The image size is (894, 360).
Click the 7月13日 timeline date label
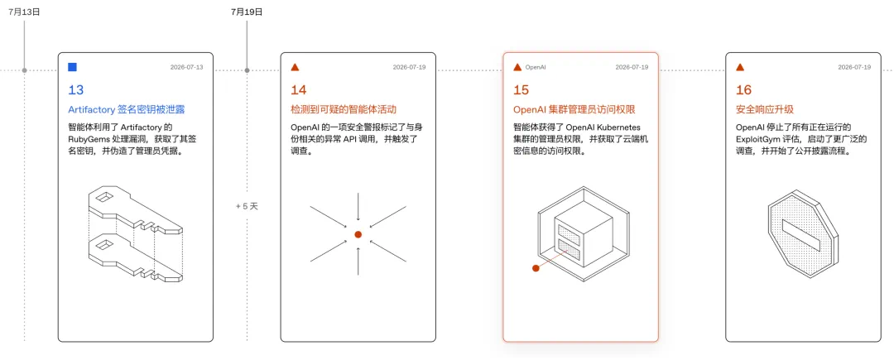(x=24, y=12)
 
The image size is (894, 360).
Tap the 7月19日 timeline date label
(x=247, y=12)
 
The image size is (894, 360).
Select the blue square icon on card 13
(x=72, y=67)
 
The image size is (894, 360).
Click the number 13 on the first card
(x=76, y=90)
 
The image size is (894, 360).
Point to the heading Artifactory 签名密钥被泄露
(x=127, y=109)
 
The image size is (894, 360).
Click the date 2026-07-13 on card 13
(x=186, y=67)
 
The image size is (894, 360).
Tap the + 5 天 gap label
(x=247, y=206)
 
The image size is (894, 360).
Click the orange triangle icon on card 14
(x=295, y=67)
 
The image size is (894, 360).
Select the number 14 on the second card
(x=299, y=90)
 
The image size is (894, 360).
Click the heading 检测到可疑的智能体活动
(x=344, y=109)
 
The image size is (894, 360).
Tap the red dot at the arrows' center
(x=358, y=235)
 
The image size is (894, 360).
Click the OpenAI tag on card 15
(x=536, y=67)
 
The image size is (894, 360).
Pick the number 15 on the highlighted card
(x=521, y=90)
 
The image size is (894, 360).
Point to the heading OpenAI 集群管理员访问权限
(x=574, y=109)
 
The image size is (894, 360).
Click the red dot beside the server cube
(x=536, y=268)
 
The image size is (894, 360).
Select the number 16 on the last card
(x=743, y=90)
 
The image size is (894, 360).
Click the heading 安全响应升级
(x=765, y=109)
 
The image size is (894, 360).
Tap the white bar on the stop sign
(x=801, y=235)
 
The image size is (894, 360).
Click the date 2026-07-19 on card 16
(x=854, y=67)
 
